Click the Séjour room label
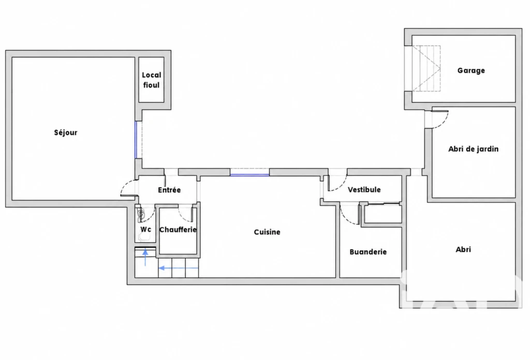(x=66, y=133)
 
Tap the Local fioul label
(x=152, y=80)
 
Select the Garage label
(x=471, y=70)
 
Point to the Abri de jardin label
(x=473, y=149)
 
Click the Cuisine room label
(x=267, y=232)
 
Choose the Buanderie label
(x=368, y=252)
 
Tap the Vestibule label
(x=364, y=190)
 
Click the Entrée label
(x=169, y=190)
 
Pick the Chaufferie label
(x=178, y=230)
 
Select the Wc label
(x=145, y=229)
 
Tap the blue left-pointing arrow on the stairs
(x=179, y=268)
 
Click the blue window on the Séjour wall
(x=136, y=140)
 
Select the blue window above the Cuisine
(x=249, y=175)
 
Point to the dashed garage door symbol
(x=426, y=69)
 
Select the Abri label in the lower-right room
(x=463, y=249)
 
